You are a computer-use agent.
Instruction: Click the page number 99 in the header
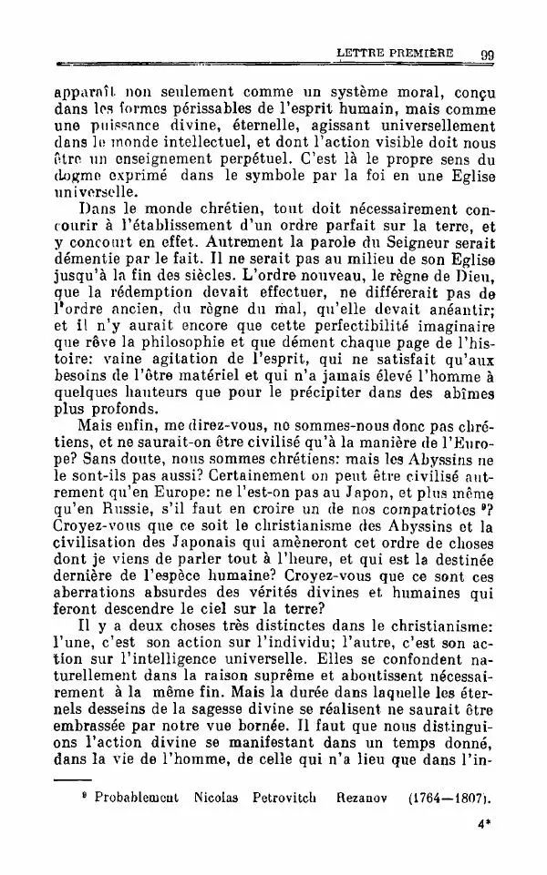(x=485, y=55)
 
